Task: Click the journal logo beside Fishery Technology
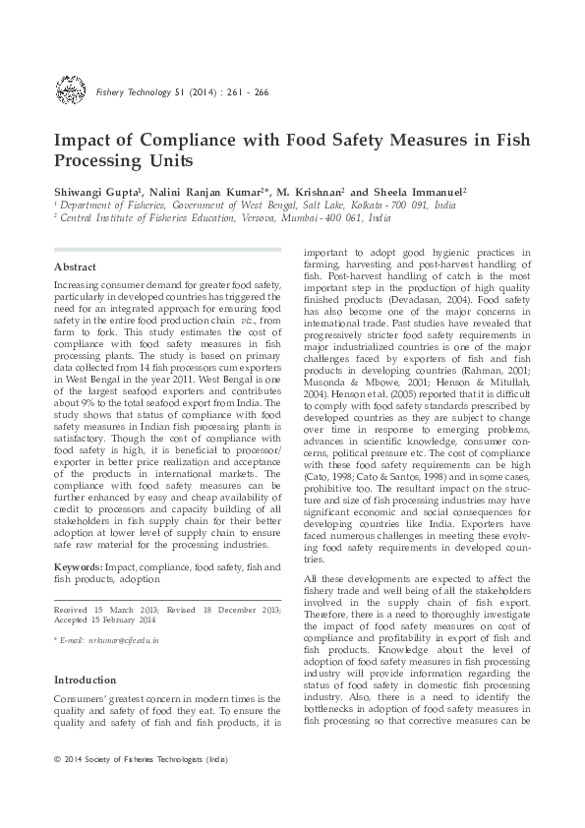(x=69, y=92)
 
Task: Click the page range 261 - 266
(x=249, y=93)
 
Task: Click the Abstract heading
(x=74, y=266)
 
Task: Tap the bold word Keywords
(x=77, y=568)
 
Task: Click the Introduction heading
(x=85, y=680)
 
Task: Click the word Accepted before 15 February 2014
(x=72, y=621)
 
